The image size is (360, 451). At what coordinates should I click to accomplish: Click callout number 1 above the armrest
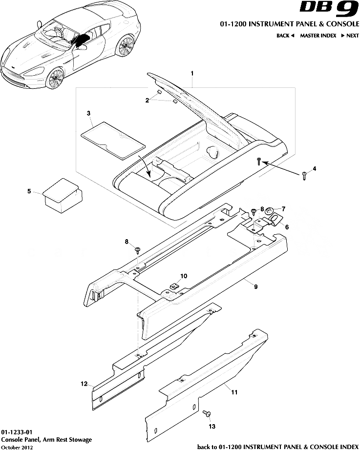point(192,73)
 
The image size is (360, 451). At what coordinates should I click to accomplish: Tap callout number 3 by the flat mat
point(88,113)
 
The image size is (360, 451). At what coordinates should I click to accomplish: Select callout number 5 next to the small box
point(29,191)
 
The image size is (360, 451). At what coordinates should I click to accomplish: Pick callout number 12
point(84,383)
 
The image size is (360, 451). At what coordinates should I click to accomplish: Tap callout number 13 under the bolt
point(212,426)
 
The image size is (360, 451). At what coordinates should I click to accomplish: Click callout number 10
point(184,276)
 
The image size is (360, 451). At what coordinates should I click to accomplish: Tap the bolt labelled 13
point(207,414)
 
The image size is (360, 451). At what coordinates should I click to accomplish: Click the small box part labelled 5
point(62,194)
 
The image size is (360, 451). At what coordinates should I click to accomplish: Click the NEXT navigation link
point(350,36)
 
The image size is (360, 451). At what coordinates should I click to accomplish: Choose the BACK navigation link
point(285,36)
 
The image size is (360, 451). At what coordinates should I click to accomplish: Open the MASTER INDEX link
point(318,36)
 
